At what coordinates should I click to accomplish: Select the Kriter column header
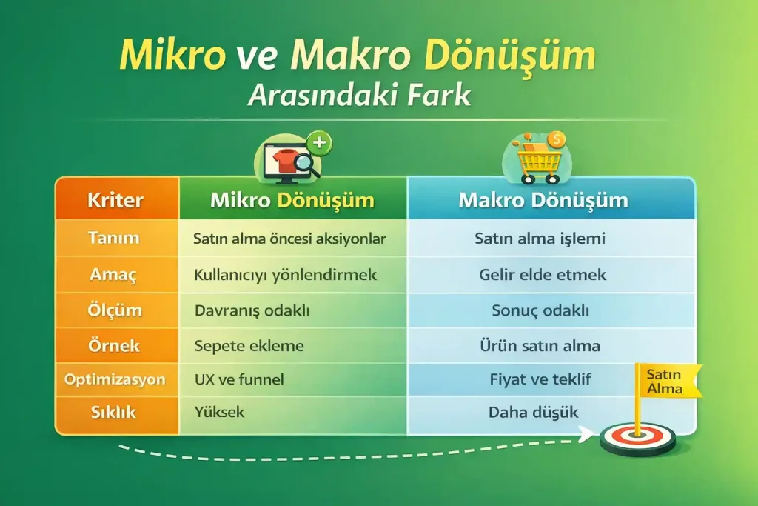click(115, 200)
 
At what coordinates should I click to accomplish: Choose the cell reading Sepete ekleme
click(249, 345)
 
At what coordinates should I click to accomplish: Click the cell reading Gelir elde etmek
click(543, 275)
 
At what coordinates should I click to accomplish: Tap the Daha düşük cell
click(533, 412)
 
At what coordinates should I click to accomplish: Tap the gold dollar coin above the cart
click(557, 139)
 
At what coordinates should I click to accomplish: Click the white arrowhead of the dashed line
click(586, 436)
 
